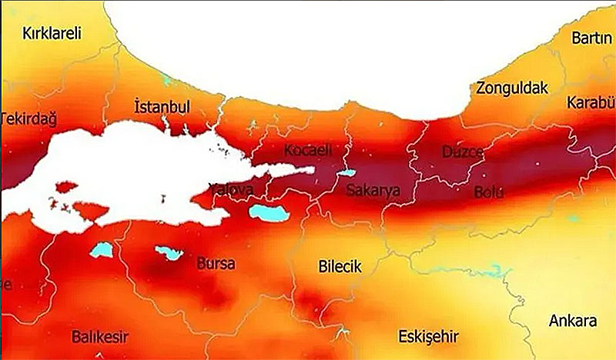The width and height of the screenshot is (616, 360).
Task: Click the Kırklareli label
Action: click(52, 34)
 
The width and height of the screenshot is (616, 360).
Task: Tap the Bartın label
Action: click(591, 38)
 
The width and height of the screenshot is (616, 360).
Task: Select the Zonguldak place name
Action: click(512, 88)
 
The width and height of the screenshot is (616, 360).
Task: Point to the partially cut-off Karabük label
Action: click(591, 103)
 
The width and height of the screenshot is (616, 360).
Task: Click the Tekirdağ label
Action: click(28, 119)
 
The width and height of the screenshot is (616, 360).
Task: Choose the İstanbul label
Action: click(162, 106)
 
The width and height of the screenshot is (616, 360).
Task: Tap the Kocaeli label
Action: click(307, 149)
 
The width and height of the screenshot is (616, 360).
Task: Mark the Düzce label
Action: click(462, 152)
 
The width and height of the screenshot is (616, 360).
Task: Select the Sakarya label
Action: click(373, 190)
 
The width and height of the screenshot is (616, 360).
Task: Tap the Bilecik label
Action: click(340, 267)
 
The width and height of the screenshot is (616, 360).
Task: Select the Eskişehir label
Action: click(428, 337)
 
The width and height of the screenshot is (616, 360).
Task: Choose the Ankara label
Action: click(572, 321)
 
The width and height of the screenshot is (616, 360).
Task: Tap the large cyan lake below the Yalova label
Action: click(269, 213)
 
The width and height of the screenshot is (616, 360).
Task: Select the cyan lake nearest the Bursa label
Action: click(169, 252)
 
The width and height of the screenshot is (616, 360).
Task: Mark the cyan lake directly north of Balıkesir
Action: click(101, 249)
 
